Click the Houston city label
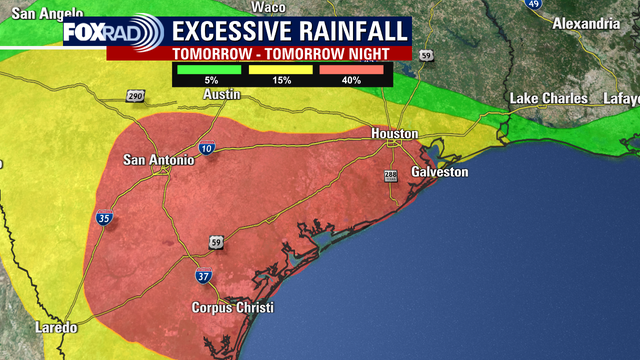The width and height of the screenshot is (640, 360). click(393, 133)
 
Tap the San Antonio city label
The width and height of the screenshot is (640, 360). click(155, 160)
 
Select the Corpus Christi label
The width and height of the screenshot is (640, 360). click(233, 308)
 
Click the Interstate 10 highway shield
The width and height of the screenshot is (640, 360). click(205, 149)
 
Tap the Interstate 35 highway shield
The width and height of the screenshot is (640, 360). click(105, 218)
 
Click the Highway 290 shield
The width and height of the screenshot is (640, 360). click(136, 96)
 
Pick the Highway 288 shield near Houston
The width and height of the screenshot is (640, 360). click(390, 176)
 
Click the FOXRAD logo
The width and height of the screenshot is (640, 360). click(105, 32)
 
